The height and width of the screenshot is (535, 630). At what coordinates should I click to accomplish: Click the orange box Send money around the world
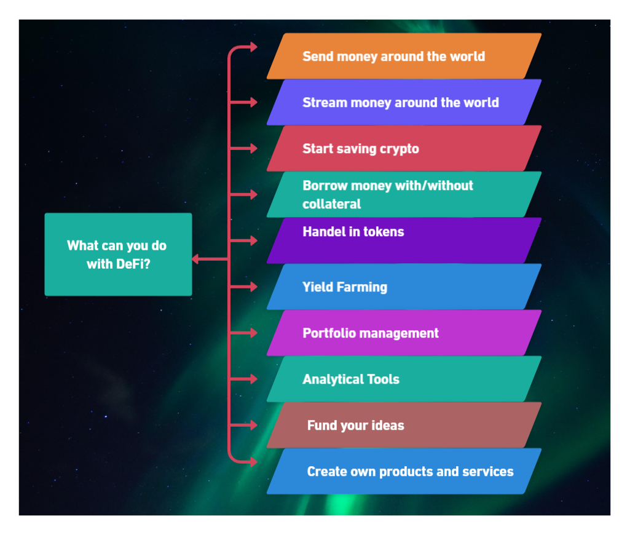(404, 56)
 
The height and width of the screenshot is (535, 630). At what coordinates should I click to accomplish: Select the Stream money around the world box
(404, 102)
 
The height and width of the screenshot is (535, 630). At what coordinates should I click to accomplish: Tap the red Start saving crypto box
(404, 148)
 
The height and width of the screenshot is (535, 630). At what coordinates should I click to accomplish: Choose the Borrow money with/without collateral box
(404, 194)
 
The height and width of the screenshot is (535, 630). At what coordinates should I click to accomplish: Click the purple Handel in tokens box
(404, 240)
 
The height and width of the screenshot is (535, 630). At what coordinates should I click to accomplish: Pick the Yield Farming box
(404, 287)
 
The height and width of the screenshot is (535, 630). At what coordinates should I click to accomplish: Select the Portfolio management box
(404, 333)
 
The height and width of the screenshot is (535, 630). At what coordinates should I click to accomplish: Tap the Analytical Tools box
(404, 379)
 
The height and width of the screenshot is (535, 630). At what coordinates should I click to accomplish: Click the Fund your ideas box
(404, 425)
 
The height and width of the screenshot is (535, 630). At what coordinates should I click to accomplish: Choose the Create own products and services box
(404, 471)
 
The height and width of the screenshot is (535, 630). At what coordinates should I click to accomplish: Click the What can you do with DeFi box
(118, 255)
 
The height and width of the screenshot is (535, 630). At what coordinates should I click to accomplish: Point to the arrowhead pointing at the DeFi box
(195, 259)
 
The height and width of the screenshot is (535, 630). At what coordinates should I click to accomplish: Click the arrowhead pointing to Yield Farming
(253, 287)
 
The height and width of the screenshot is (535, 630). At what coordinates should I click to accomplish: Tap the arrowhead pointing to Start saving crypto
(253, 148)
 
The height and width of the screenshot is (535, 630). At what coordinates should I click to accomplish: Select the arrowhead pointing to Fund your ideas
(253, 425)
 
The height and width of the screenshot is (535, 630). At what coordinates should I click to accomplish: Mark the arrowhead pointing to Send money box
(253, 47)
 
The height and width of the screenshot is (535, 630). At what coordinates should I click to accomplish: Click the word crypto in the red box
(399, 149)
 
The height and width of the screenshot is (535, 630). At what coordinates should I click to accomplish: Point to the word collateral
(331, 204)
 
